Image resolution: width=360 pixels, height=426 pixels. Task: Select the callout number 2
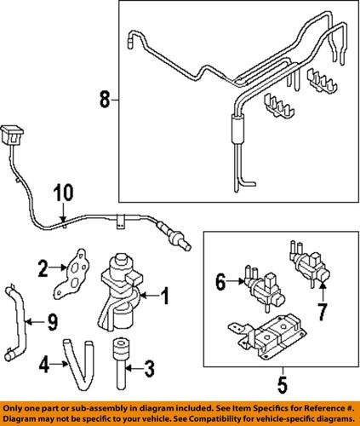point(42,271)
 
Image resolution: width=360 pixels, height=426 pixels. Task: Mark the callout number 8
point(104,101)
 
